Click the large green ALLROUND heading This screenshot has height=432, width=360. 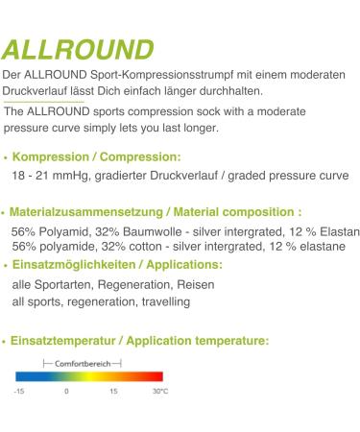click(78, 50)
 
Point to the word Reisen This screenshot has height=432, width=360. click(195, 285)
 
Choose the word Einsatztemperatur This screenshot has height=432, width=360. click(66, 340)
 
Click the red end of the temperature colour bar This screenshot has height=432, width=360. click(158, 377)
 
